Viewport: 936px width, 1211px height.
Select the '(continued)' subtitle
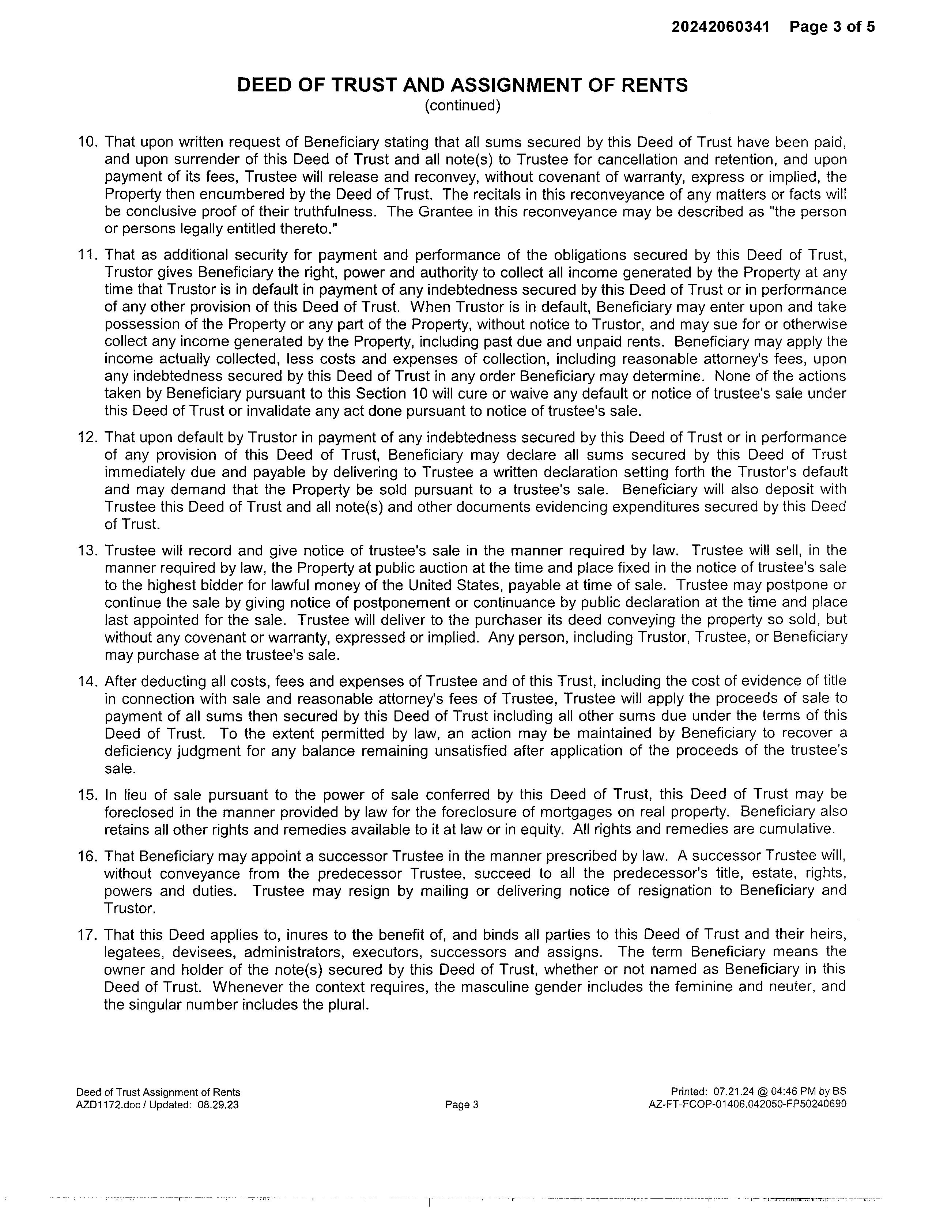463,105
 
